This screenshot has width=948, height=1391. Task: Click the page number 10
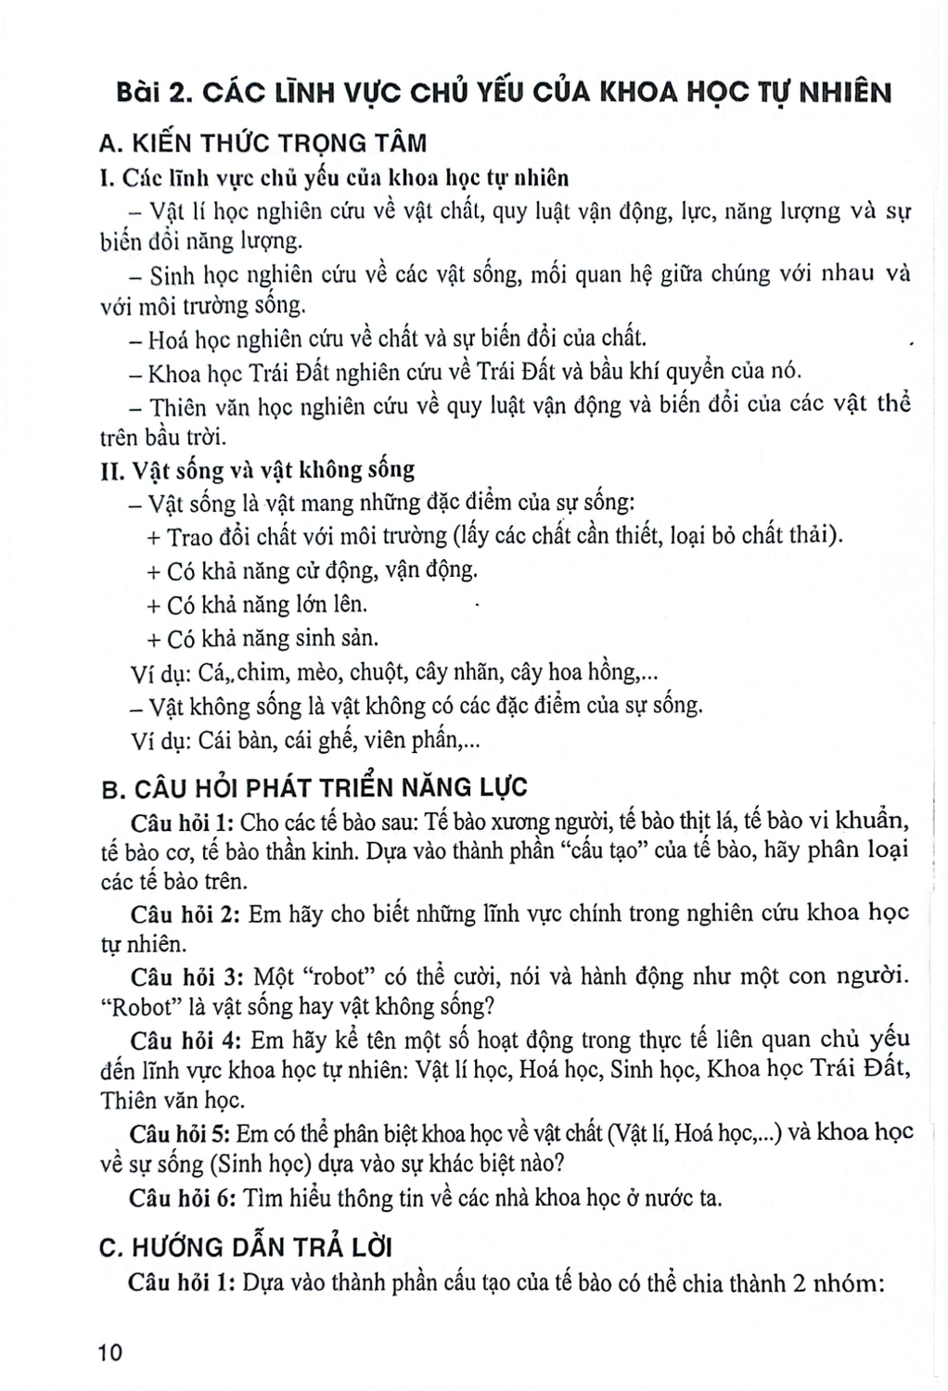tap(109, 1353)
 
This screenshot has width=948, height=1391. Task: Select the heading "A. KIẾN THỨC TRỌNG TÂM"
tap(263, 143)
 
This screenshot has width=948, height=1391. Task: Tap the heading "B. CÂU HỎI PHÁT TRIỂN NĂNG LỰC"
tap(314, 788)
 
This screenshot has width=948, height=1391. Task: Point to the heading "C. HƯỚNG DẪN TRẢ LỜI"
tap(246, 1247)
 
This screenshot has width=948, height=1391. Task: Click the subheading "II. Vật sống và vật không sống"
tap(257, 469)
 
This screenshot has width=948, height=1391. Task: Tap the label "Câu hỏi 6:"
tap(183, 1197)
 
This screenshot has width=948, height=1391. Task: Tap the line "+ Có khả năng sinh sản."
tap(263, 639)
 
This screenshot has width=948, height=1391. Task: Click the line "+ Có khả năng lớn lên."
tap(257, 605)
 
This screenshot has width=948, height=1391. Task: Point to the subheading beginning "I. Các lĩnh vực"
tap(334, 177)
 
